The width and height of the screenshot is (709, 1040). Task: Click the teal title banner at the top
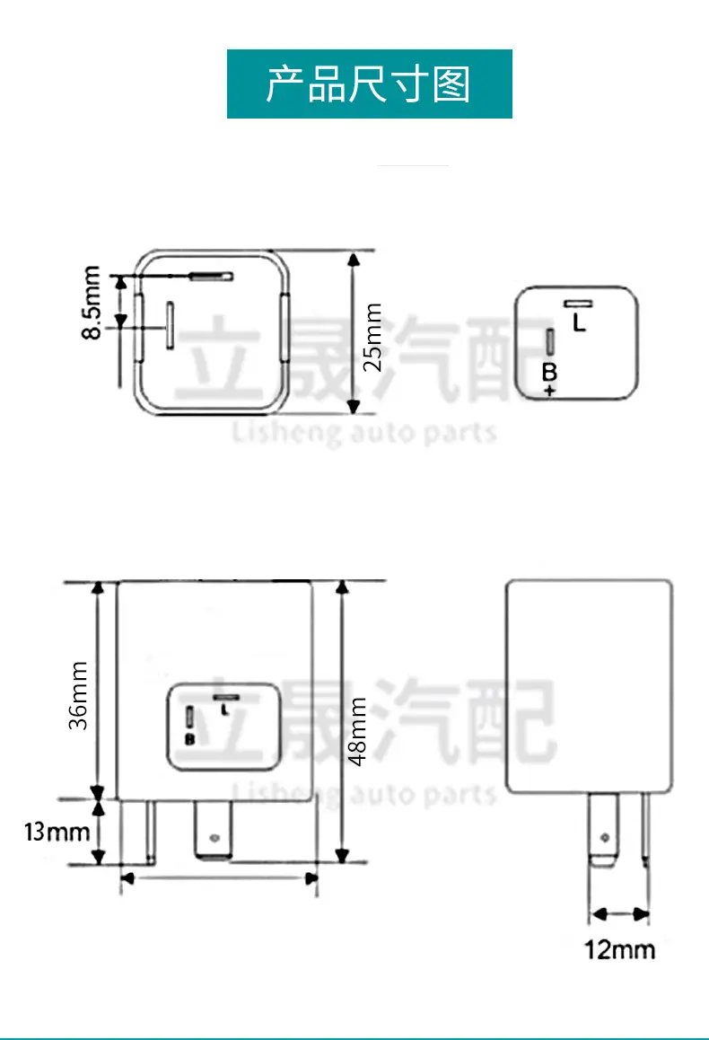point(369,84)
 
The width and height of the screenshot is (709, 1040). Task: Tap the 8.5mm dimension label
point(92,303)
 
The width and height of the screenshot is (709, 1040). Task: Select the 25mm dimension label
point(372,337)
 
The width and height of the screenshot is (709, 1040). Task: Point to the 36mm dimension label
point(78,695)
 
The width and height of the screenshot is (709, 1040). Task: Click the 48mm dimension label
point(357,732)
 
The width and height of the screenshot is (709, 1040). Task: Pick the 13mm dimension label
point(57,831)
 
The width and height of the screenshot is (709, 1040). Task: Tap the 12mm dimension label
point(619,950)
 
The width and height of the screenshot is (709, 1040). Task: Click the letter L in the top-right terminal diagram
point(579,322)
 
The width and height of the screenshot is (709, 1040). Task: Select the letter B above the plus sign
point(549,372)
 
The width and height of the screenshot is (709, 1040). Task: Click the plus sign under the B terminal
point(549,391)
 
